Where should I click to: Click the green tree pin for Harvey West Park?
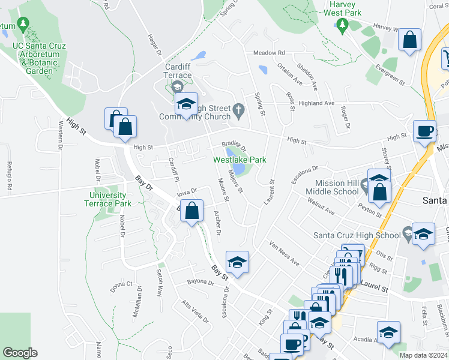pos(343,25)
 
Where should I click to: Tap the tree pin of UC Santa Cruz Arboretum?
pos(23,25)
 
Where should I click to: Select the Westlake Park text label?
pos(240,160)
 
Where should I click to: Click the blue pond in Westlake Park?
pos(239,170)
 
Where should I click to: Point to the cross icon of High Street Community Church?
pos(238,109)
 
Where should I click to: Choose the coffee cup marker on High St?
pos(426,131)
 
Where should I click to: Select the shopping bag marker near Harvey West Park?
pos(410,41)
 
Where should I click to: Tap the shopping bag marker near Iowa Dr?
pos(191,212)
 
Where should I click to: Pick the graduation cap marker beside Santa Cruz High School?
pos(423,233)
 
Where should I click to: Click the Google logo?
pos(20,353)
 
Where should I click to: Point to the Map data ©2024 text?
pos(423,355)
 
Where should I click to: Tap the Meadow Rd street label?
pos(268,53)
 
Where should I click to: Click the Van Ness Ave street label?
pos(283,253)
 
